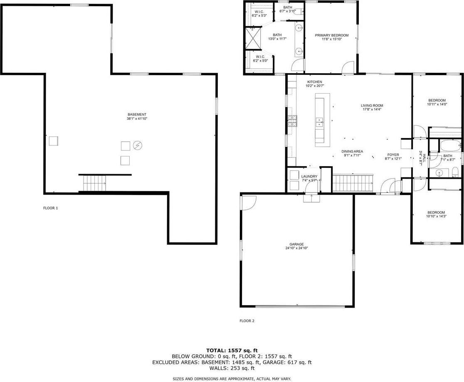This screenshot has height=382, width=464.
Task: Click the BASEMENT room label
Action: click(137, 114)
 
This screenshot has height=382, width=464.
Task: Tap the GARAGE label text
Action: click(296, 244)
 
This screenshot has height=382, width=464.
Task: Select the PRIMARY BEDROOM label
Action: click(331, 35)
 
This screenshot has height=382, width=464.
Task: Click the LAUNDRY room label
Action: click(309, 176)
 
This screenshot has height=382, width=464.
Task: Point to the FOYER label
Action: click(393, 155)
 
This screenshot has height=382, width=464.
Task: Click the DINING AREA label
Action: click(352, 151)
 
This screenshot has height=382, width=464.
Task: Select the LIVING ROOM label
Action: click(372, 106)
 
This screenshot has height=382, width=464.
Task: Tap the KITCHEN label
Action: click(314, 81)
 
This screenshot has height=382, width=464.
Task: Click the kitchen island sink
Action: click(319, 122)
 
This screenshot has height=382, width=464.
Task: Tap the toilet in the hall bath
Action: click(455, 172)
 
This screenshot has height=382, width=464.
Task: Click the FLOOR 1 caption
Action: click(50, 208)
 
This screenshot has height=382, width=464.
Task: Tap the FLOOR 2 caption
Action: click(247, 320)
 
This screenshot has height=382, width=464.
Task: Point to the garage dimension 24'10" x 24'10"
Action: click(296, 248)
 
